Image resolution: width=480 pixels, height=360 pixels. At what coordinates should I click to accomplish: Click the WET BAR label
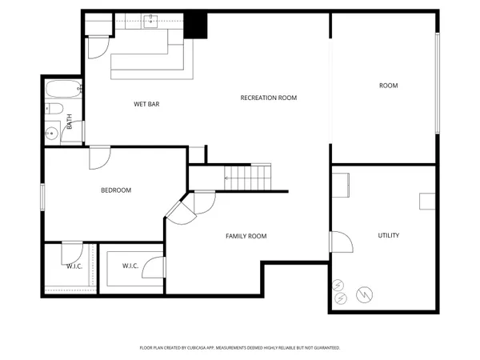coord(146,104)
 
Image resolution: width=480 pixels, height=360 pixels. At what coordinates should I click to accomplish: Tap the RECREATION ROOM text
coord(269,98)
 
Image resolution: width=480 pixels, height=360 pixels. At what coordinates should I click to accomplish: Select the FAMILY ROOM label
coord(246,236)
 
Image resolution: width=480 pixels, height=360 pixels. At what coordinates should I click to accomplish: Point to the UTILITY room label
coord(389,235)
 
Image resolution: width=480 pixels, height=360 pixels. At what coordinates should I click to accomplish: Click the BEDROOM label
coord(116,190)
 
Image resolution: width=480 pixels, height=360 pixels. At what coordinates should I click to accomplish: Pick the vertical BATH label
coord(70,122)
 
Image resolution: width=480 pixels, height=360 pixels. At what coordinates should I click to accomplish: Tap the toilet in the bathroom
coord(54,109)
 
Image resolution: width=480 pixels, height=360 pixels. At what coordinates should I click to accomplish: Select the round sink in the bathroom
coord(52,134)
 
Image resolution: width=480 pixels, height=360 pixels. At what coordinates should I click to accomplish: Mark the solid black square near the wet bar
coord(196,26)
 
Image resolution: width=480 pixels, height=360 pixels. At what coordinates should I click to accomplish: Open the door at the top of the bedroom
coord(100,157)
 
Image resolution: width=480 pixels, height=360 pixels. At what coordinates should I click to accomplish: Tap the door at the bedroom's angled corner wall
coord(180,210)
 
